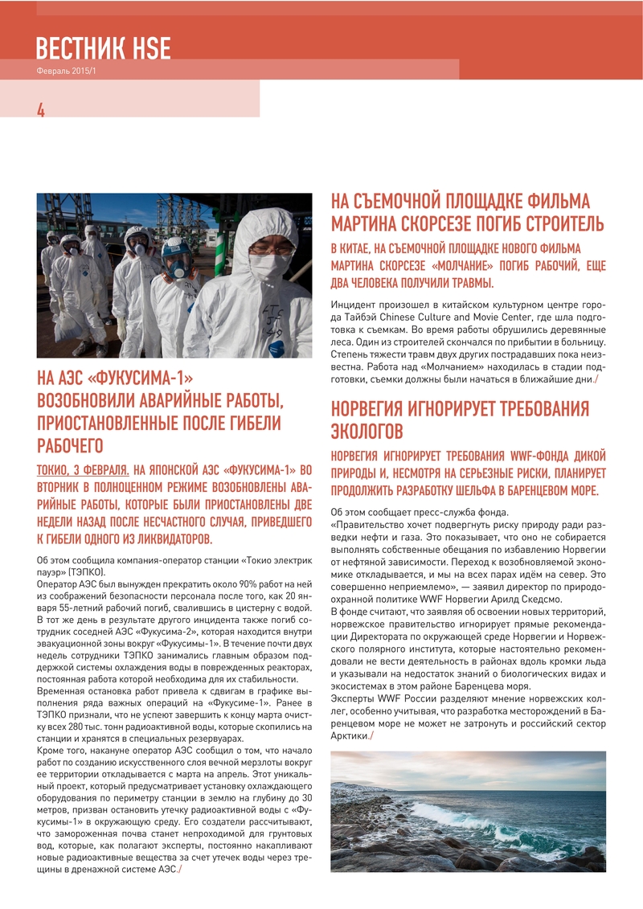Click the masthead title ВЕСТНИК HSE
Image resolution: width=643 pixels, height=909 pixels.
point(103,48)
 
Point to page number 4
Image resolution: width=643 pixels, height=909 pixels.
point(41,111)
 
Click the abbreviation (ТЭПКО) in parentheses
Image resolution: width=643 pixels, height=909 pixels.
point(88,571)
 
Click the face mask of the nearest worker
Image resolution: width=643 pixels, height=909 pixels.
point(269,264)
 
